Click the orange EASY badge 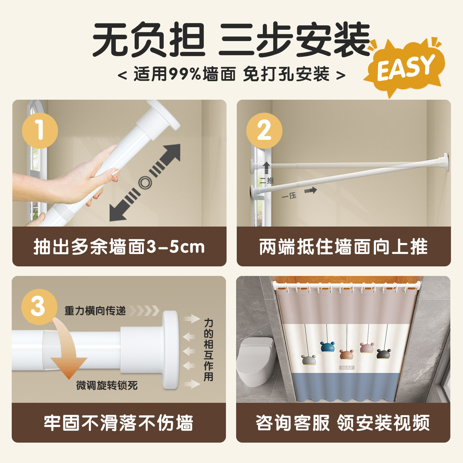click(x=404, y=68)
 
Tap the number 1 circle click(x=40, y=130)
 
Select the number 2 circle click(x=264, y=131)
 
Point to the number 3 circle click(x=39, y=307)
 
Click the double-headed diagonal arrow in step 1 click(x=145, y=183)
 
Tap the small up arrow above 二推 click(x=266, y=169)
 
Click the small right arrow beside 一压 click(x=311, y=190)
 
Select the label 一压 click(x=289, y=196)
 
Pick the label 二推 click(x=267, y=181)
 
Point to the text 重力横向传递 click(x=95, y=311)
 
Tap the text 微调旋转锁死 click(x=107, y=385)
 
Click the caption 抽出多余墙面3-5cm click(x=119, y=247)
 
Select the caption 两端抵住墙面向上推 click(x=344, y=247)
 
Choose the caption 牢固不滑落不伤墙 click(x=119, y=423)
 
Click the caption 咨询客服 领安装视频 click(x=343, y=423)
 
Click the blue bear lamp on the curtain click(x=327, y=347)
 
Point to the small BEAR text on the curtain click(x=347, y=368)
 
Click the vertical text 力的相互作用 click(x=209, y=350)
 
